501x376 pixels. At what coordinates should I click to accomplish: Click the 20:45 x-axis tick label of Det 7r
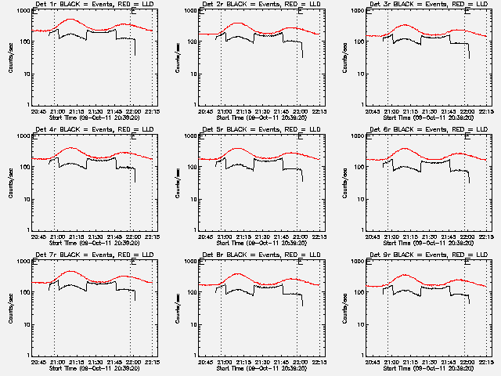38,361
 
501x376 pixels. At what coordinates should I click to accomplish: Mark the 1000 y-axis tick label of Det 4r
23,137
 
